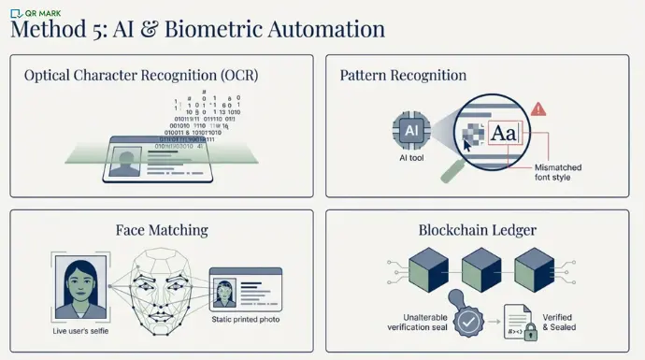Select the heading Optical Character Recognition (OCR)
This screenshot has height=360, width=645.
point(141,75)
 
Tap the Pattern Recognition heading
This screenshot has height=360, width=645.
point(403,75)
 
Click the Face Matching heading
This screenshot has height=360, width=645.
point(161,229)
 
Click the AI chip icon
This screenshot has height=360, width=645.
point(410,131)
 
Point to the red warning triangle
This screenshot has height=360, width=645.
point(538,109)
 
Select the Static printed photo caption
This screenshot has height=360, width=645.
point(244,320)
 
